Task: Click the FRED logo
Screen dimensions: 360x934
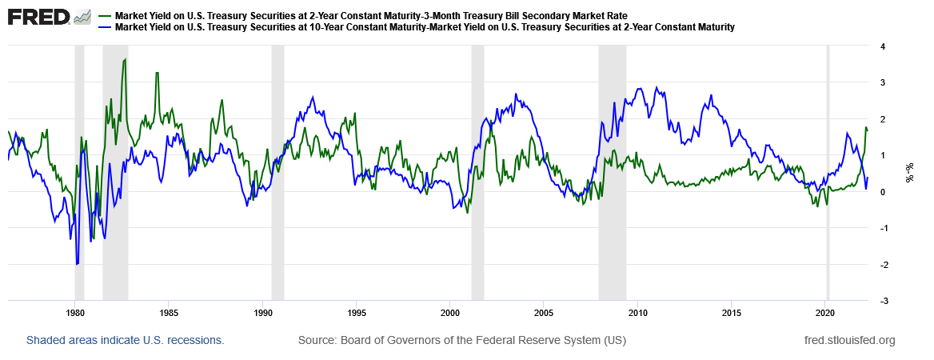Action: (x=38, y=17)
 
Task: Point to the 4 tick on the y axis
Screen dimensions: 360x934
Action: (x=882, y=46)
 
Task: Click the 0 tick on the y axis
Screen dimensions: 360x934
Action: (x=882, y=192)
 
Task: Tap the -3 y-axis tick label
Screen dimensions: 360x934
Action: (x=880, y=301)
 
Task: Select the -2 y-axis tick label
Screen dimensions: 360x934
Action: (x=880, y=265)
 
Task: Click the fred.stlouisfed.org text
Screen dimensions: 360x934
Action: (x=849, y=341)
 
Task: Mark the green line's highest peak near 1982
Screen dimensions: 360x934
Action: (x=126, y=60)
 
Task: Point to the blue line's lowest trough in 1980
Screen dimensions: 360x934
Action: (x=77, y=263)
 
